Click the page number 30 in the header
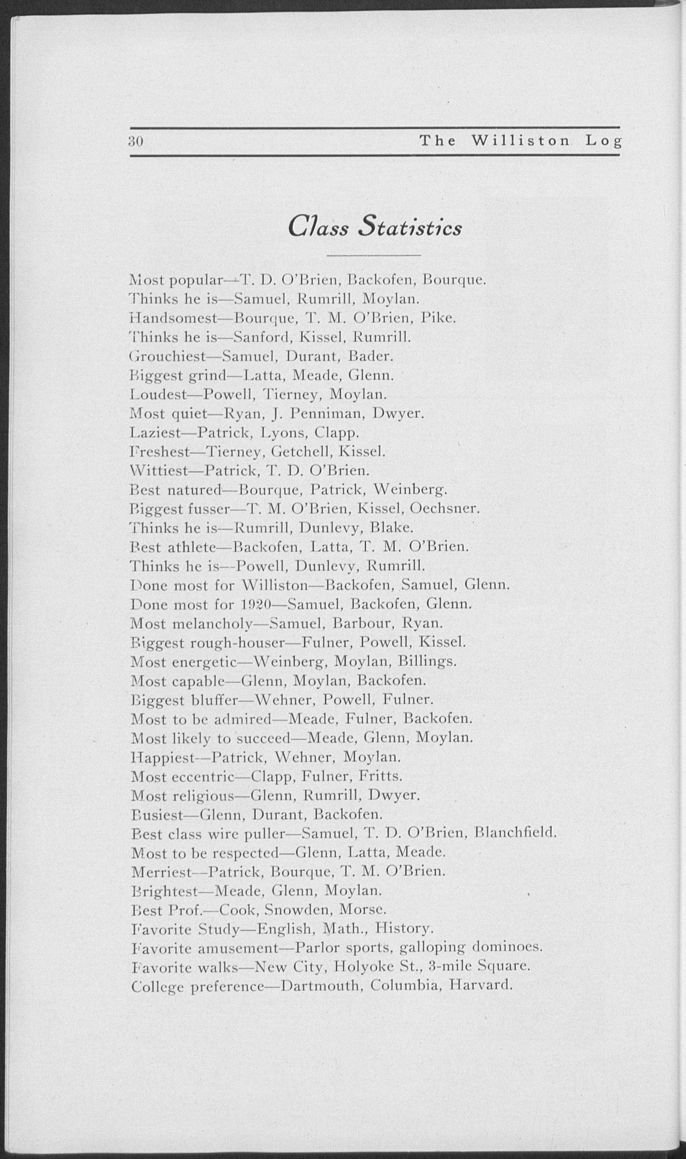[137, 141]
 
